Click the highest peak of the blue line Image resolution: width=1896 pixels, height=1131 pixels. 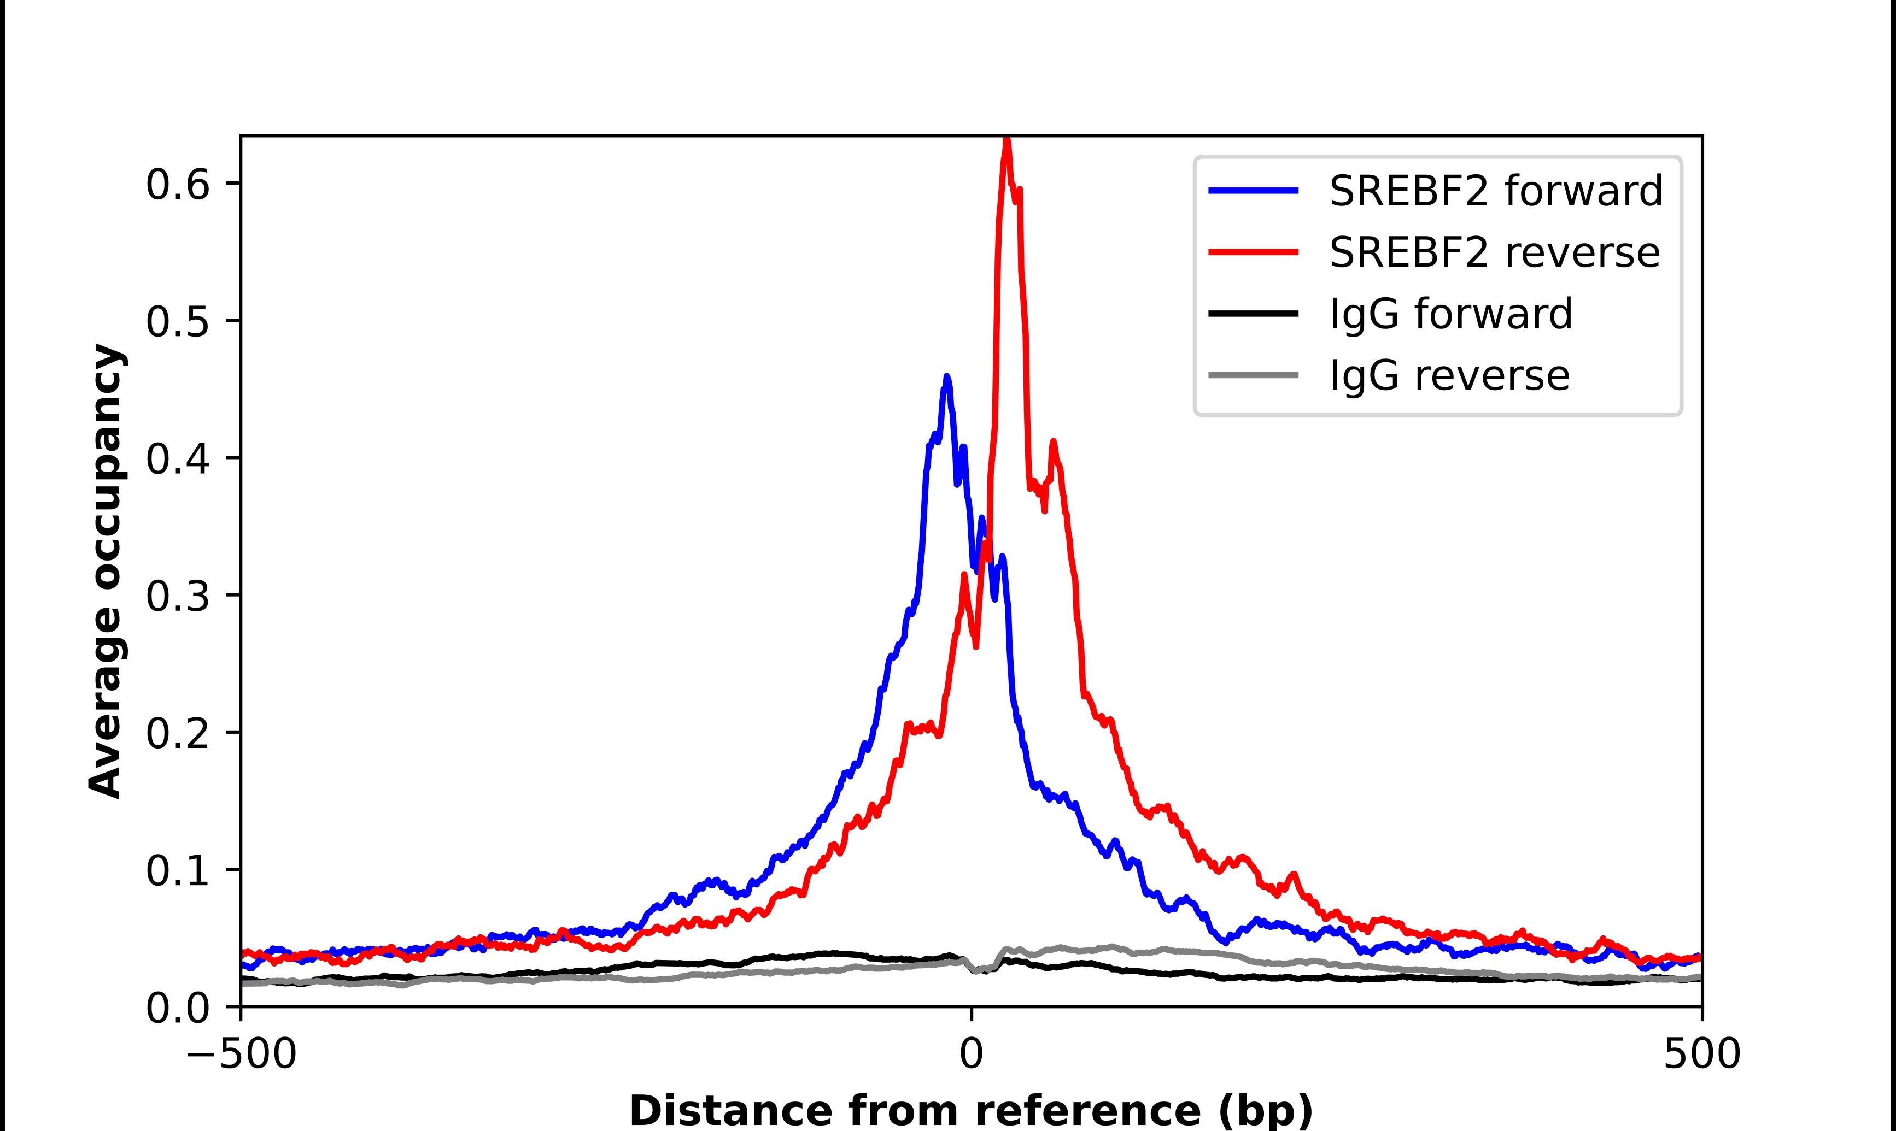pos(947,377)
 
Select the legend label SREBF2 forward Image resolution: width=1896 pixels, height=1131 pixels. pos(1495,191)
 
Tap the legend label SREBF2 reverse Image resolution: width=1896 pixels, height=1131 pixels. pos(1494,252)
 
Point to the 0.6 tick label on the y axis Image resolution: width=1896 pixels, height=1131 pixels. pos(177,185)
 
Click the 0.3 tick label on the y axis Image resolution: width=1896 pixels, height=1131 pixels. pos(177,596)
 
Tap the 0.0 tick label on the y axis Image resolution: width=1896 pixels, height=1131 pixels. pos(177,1008)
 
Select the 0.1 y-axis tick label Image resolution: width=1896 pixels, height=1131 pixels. pos(177,871)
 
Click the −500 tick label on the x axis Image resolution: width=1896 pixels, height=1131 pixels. pos(241,1055)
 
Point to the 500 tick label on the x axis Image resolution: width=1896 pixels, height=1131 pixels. pos(1701,1055)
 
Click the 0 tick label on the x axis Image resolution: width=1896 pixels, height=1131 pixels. pos(972,1055)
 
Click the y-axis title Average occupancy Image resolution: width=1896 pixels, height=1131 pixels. pos(105,572)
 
